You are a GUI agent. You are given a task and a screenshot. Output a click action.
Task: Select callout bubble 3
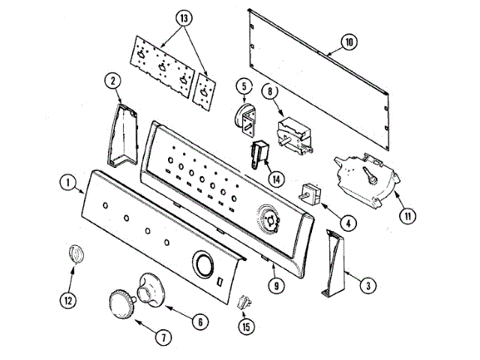tap(367, 285)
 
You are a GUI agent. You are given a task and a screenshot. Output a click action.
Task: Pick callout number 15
tap(245, 326)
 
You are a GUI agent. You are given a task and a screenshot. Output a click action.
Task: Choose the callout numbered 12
tap(70, 301)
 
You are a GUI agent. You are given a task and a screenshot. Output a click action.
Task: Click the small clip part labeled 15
tap(243, 303)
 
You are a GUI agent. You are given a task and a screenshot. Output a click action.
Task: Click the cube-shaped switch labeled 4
tap(310, 193)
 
